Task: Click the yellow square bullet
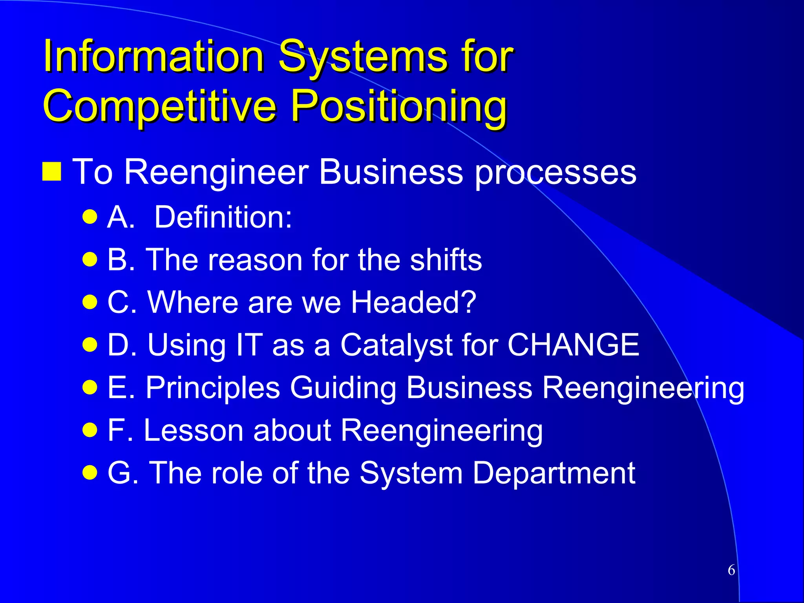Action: [52, 172]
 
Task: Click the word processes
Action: [555, 173]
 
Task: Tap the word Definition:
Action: [223, 217]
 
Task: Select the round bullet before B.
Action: [90, 259]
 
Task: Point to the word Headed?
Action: [413, 302]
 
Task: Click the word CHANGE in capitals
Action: [573, 345]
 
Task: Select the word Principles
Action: [213, 388]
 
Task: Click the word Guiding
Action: [343, 388]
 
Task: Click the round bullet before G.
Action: [90, 472]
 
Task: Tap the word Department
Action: [554, 473]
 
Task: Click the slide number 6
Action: [731, 570]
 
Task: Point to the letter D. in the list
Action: [122, 345]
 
